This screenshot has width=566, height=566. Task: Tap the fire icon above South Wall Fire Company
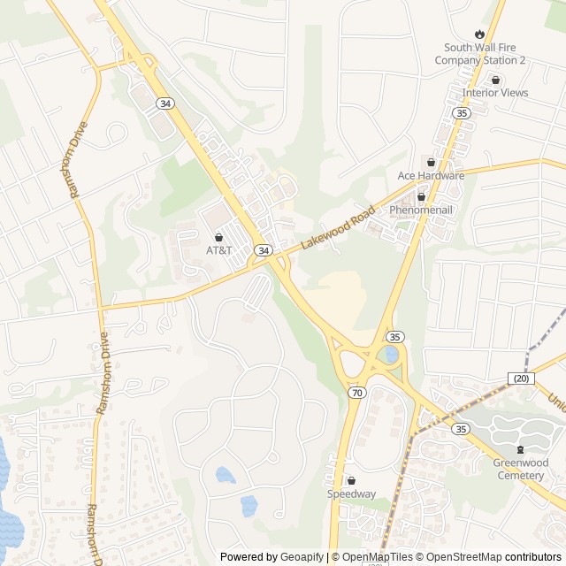[480, 32]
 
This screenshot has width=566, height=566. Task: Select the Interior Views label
[495, 92]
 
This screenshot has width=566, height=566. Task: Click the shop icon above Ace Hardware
[431, 162]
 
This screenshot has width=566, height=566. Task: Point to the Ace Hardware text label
[431, 175]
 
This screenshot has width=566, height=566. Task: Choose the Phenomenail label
[421, 210]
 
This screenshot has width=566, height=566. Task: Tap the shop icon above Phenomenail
[421, 196]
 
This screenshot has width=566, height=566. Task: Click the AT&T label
[218, 250]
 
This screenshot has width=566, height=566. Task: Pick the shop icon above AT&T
[218, 237]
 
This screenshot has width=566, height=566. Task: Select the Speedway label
[351, 493]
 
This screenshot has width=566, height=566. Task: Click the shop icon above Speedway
[351, 480]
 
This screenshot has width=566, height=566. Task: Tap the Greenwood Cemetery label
[520, 470]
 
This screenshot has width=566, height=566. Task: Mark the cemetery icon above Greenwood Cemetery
[520, 450]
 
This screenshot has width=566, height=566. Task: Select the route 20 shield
[522, 379]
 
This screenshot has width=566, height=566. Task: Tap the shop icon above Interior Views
[495, 80]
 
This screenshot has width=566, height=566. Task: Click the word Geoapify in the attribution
[302, 557]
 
